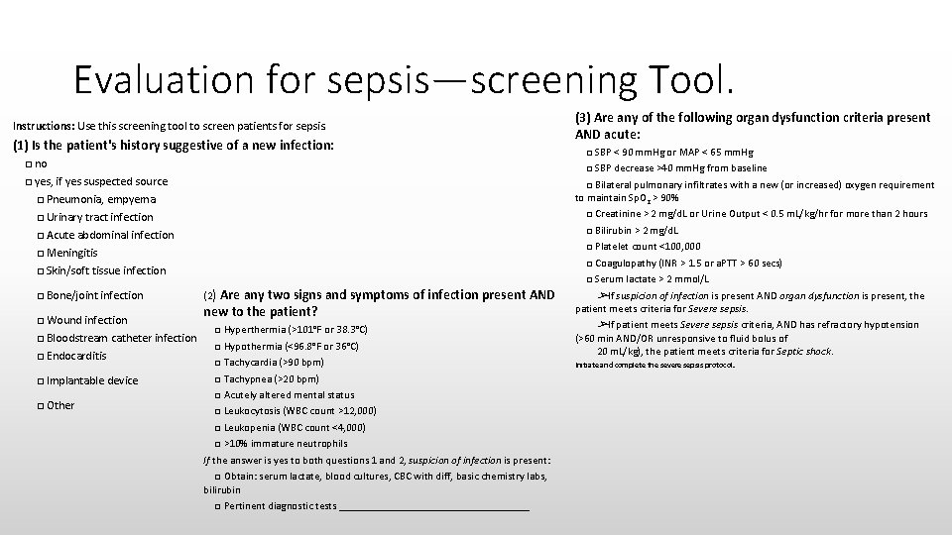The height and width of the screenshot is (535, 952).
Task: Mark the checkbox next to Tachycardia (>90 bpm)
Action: click(x=218, y=363)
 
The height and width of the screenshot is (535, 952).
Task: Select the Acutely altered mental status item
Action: click(x=289, y=394)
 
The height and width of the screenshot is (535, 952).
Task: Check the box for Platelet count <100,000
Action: click(x=589, y=247)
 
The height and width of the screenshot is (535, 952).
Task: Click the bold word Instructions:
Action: click(x=41, y=126)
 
